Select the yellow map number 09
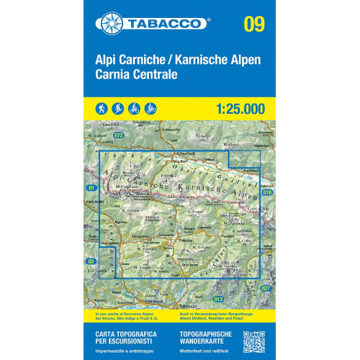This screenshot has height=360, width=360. (x=253, y=23)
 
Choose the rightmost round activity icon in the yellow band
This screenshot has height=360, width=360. (x=150, y=109)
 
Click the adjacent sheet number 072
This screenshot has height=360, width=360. (x=119, y=135)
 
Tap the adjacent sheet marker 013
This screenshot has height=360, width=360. (x=220, y=298)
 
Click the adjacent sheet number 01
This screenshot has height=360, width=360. (x=91, y=188)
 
